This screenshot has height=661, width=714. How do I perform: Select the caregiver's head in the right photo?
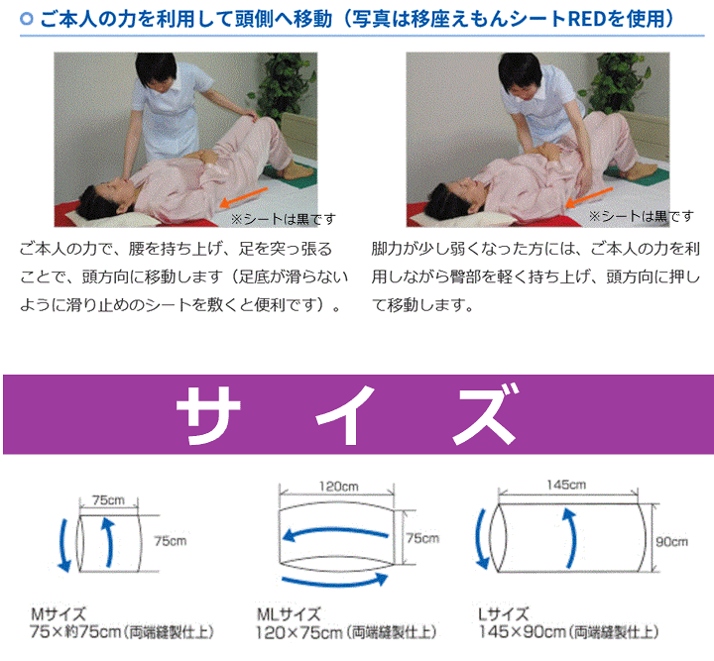522,74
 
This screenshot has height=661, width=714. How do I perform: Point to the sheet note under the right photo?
641,215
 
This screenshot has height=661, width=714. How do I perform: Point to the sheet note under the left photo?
283,218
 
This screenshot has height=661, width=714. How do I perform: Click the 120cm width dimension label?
338,486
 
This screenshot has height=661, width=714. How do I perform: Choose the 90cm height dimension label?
671,541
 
